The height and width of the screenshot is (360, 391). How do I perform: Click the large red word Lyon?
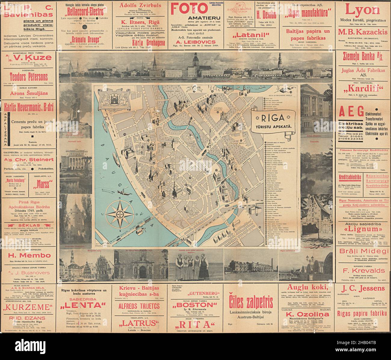(x=362, y=11)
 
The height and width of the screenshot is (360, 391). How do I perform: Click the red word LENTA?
(x=84, y=306)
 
